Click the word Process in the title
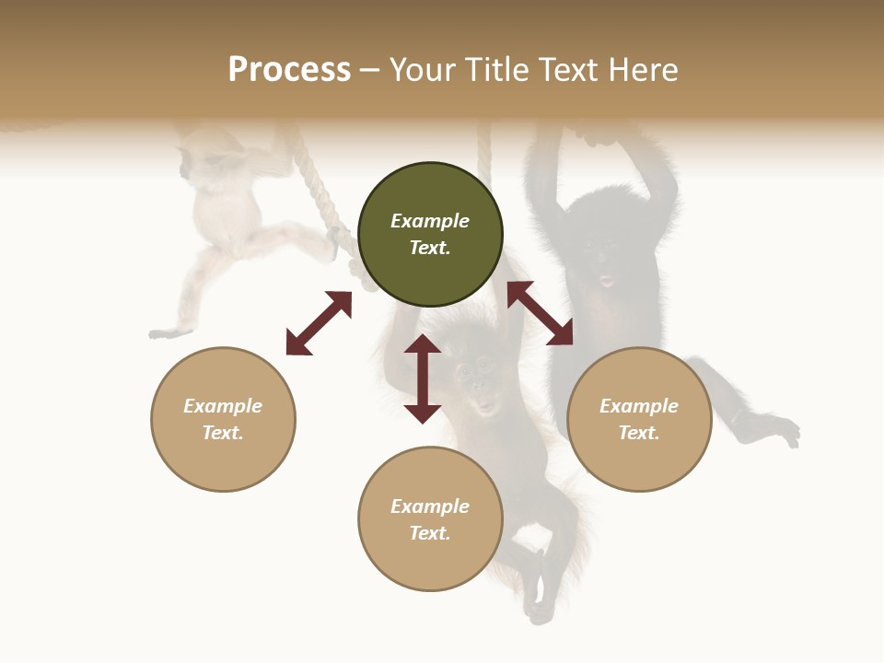(289, 70)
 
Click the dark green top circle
(430, 234)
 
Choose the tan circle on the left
(223, 419)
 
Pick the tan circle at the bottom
(430, 518)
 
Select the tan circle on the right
(639, 419)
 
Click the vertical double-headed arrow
(423, 378)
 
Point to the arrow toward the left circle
(319, 323)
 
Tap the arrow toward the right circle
(540, 313)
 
